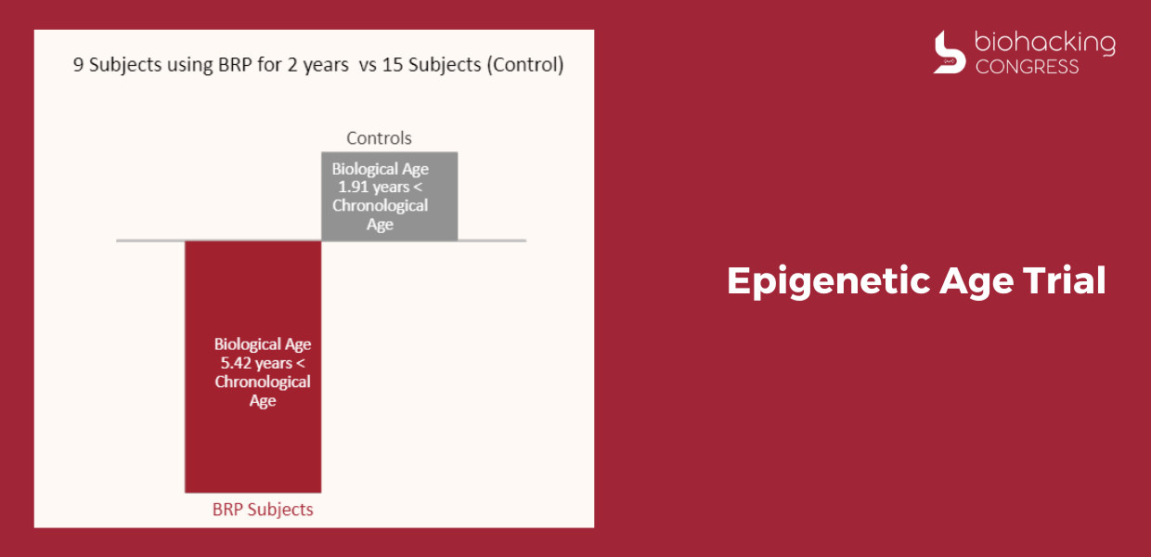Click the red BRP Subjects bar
[x=252, y=367]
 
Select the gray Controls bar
[x=390, y=196]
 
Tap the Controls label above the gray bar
[x=379, y=138]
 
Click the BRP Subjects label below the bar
[x=263, y=510]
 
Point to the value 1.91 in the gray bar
[x=353, y=187]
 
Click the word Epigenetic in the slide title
[x=829, y=282]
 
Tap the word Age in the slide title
[x=976, y=282]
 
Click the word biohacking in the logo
[x=1045, y=43]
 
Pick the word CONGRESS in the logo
[x=1027, y=67]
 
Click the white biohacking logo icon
[x=949, y=52]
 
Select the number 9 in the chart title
[x=78, y=65]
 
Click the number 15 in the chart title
[x=392, y=65]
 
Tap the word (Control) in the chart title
[x=525, y=65]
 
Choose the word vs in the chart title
[x=368, y=65]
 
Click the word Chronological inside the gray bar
[x=380, y=205]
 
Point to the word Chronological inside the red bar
[x=263, y=382]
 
